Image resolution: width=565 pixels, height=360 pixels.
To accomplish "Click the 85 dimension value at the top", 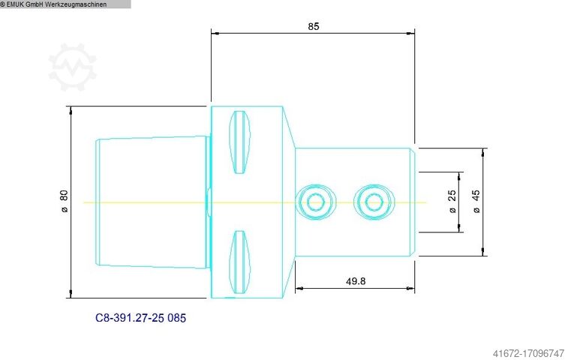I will pyautogui.click(x=314, y=26).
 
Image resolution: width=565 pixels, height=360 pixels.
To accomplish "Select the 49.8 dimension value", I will pyautogui.click(x=356, y=281).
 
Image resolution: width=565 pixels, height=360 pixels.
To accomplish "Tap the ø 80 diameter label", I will pyautogui.click(x=64, y=201).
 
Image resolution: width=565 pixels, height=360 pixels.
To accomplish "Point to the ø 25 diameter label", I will pyautogui.click(x=452, y=202).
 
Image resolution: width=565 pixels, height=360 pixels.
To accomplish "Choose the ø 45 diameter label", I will pyautogui.click(x=476, y=202).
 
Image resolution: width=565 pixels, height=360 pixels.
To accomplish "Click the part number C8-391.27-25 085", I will pyautogui.click(x=140, y=318).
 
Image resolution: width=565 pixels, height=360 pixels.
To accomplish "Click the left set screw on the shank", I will pyautogui.click(x=314, y=201).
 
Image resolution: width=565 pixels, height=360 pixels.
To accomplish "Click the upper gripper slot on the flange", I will pyautogui.click(x=240, y=141).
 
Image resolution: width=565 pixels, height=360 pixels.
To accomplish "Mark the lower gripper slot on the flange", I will pyautogui.click(x=240, y=262).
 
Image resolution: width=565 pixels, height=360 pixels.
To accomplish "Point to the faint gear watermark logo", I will pyautogui.click(x=73, y=67).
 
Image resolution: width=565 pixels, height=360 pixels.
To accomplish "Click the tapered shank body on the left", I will pyautogui.click(x=150, y=201).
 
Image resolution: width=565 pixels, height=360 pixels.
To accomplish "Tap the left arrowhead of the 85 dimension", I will pyautogui.click(x=215, y=33).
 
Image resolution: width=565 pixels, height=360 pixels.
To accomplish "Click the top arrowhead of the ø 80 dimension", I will pyautogui.click(x=71, y=109).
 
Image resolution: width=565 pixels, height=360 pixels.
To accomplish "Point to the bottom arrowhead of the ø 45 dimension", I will pyautogui.click(x=485, y=251).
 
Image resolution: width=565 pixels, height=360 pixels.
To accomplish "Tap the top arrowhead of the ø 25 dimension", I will pyautogui.click(x=459, y=175).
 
